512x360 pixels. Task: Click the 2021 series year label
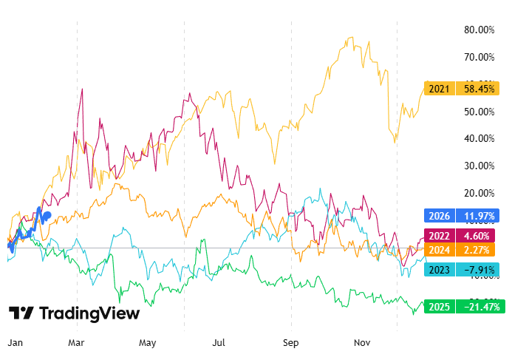click(440, 89)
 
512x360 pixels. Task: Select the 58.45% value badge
click(479, 89)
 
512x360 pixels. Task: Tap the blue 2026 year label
click(440, 217)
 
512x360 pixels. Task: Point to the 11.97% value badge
click(479, 217)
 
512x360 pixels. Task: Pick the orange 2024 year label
click(440, 250)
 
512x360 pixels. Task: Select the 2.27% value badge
click(479, 250)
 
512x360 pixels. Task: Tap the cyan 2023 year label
click(440, 269)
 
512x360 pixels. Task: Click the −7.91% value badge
click(479, 269)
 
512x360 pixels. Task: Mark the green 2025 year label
click(440, 306)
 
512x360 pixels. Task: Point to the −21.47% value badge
click(479, 306)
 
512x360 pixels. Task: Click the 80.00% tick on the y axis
click(479, 30)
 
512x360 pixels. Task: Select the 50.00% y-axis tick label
click(479, 112)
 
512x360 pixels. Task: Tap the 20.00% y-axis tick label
click(479, 193)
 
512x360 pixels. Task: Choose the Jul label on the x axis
click(219, 343)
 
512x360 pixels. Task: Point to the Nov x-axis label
click(361, 343)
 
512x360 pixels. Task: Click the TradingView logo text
click(89, 313)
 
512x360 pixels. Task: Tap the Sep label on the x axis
click(291, 343)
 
